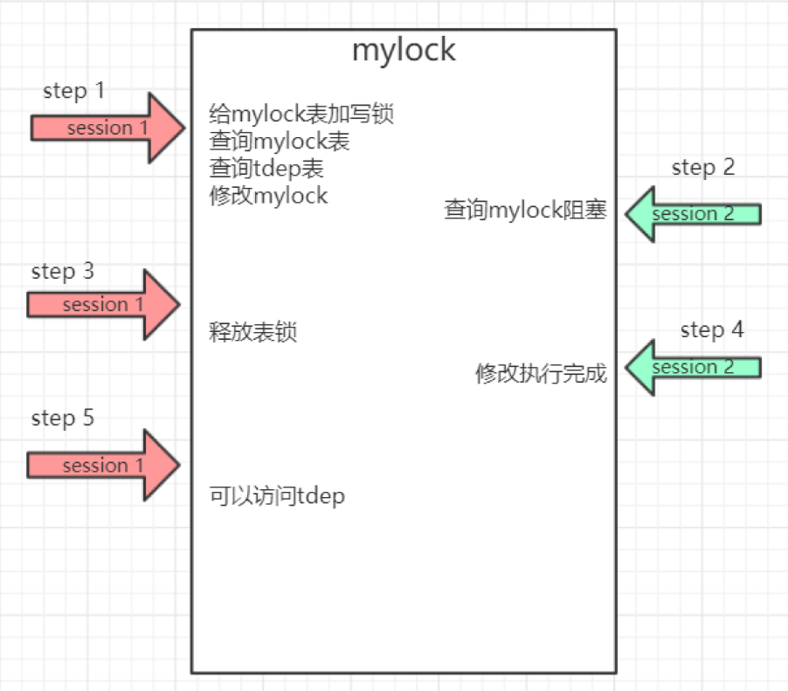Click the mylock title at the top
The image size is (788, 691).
tap(404, 50)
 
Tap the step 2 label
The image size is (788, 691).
tap(703, 168)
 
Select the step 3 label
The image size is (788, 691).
tap(62, 271)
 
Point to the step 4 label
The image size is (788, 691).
tap(712, 330)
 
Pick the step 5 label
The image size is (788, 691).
tap(62, 418)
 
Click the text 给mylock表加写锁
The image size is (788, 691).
tap(296, 114)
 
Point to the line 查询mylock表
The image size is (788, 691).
tap(280, 141)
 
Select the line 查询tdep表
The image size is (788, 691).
tap(266, 168)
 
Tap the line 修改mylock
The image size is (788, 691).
tap(268, 195)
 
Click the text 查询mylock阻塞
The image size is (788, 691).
tap(524, 211)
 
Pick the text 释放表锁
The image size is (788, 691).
tap(252, 333)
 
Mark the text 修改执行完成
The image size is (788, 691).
tap(541, 374)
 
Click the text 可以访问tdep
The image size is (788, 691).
tap(277, 497)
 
